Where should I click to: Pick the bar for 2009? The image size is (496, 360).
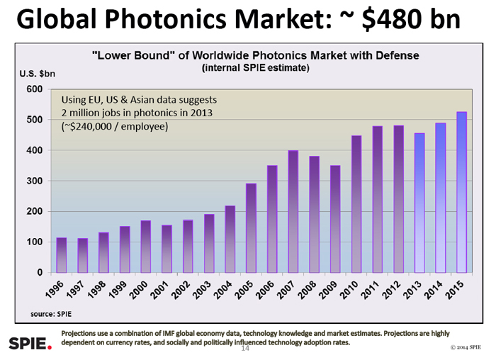point(335,219)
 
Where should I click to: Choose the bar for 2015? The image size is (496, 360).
point(461,192)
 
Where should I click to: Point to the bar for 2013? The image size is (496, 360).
point(419,203)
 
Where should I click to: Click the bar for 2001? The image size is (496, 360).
point(167,249)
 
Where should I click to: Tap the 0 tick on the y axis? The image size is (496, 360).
point(40,273)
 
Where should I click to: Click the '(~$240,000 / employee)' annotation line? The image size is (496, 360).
point(115,127)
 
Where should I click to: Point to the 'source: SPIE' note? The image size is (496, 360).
point(52,313)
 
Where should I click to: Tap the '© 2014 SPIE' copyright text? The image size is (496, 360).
point(466,348)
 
